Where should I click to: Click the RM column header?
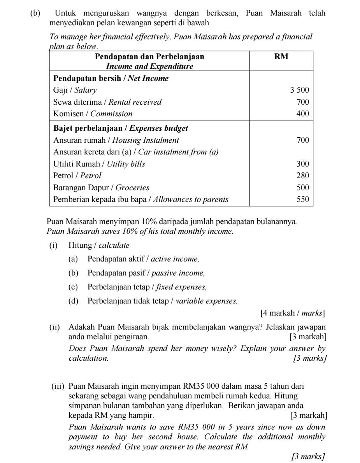click(281, 57)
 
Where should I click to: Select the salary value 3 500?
click(299, 91)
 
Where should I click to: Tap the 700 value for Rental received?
click(303, 102)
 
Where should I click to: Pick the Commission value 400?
click(303, 114)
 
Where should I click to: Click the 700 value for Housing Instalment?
click(303, 140)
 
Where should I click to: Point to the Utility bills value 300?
click(303, 164)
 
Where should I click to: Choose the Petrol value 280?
click(303, 176)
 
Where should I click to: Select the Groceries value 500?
click(303, 188)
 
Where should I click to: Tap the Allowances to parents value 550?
click(303, 200)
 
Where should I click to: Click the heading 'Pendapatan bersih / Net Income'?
click(111, 79)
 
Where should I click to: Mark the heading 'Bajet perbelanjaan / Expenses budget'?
click(121, 128)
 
